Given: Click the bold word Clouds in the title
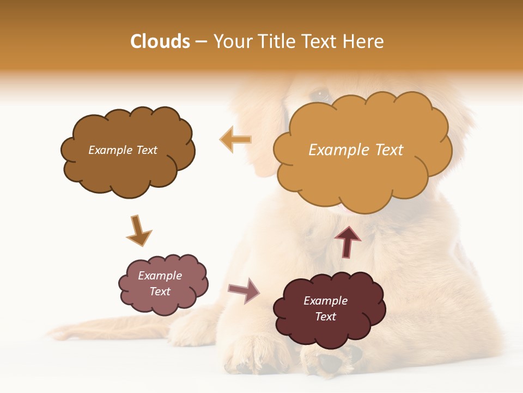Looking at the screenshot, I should coord(160,41).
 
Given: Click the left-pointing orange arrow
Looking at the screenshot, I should coord(235,140).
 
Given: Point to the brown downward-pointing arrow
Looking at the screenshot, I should coord(138,231).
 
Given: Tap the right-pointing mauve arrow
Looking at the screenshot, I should coord(245,290).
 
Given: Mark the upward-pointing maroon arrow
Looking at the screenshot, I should coord(348,241).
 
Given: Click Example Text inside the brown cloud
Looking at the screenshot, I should coord(123,150).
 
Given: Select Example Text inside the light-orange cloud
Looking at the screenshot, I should coord(356,150).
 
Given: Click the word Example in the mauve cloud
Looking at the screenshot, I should coord(160,276).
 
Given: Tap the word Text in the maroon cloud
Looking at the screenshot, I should coord(325,317).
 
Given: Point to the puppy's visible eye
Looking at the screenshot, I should coord(320,94).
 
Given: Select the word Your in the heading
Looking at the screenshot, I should coord(232,41).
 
